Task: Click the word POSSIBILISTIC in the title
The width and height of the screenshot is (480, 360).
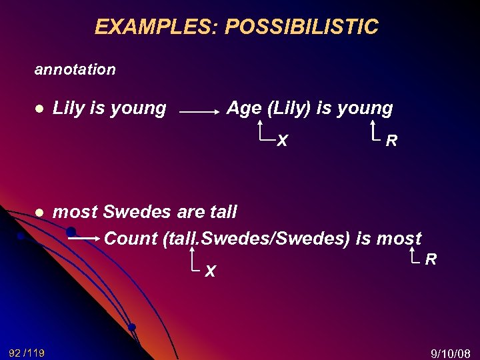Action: tap(301, 27)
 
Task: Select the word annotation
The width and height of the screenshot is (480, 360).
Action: tap(75, 69)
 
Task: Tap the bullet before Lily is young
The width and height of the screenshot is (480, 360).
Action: tap(40, 108)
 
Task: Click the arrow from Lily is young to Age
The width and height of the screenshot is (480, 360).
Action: tap(200, 113)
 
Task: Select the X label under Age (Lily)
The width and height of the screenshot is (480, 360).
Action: tap(283, 141)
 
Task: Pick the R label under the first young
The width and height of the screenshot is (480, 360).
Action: tap(392, 141)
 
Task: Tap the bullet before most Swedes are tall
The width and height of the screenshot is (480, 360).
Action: tap(40, 212)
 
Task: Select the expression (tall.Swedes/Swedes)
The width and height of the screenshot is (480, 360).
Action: tap(256, 238)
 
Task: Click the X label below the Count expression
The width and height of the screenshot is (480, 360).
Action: tap(210, 271)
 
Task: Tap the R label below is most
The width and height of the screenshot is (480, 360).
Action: tap(431, 259)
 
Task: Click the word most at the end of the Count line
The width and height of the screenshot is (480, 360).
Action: tap(399, 238)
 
